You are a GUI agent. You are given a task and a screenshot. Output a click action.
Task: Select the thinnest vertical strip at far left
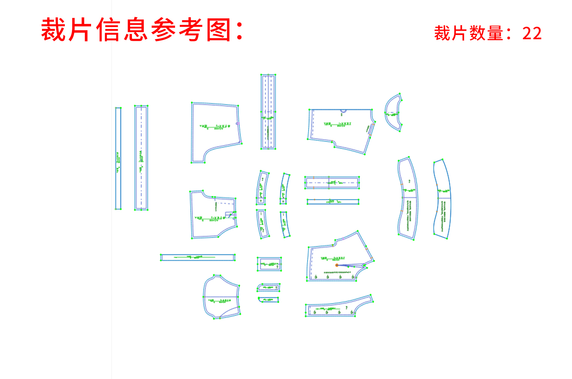click(118, 158)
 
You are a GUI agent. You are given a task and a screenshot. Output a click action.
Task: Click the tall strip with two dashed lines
click(268, 111)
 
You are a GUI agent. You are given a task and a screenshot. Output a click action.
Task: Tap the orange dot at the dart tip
click(337, 265)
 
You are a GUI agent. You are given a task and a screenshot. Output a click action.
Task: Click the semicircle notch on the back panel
click(343, 111)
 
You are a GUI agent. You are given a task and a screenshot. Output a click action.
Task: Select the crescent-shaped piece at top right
click(392, 112)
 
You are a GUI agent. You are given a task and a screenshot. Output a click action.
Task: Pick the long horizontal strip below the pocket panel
click(198, 257)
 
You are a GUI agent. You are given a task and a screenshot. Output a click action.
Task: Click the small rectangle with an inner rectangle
click(269, 264)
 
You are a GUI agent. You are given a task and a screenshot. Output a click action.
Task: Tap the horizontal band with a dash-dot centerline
click(332, 183)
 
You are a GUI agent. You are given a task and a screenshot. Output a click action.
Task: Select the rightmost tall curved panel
click(442, 199)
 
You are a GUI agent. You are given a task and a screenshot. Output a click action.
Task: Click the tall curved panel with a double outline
click(407, 199)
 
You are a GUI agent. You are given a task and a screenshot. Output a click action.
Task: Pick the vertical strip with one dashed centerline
click(141, 157)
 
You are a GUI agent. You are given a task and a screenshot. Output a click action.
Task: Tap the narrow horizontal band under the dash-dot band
click(332, 202)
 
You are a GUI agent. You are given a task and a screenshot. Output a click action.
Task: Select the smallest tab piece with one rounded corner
click(268, 300)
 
